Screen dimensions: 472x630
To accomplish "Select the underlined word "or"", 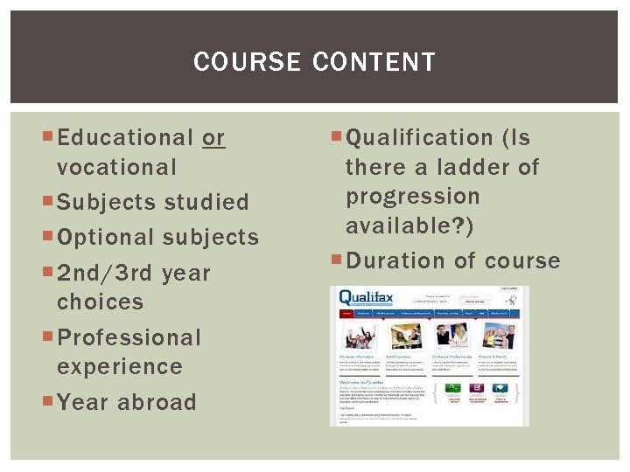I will point(213,138).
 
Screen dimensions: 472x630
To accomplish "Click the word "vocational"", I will point(116,167).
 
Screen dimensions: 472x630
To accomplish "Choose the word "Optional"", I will point(105,238).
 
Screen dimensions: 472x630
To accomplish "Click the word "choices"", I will point(100,302).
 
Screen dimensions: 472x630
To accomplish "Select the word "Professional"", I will point(129,337).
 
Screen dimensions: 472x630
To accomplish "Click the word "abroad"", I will point(157,402).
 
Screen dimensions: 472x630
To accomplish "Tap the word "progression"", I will point(413,196).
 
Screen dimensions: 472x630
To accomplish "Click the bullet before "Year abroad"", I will point(48,402).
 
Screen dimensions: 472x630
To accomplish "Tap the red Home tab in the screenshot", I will point(347,312).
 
